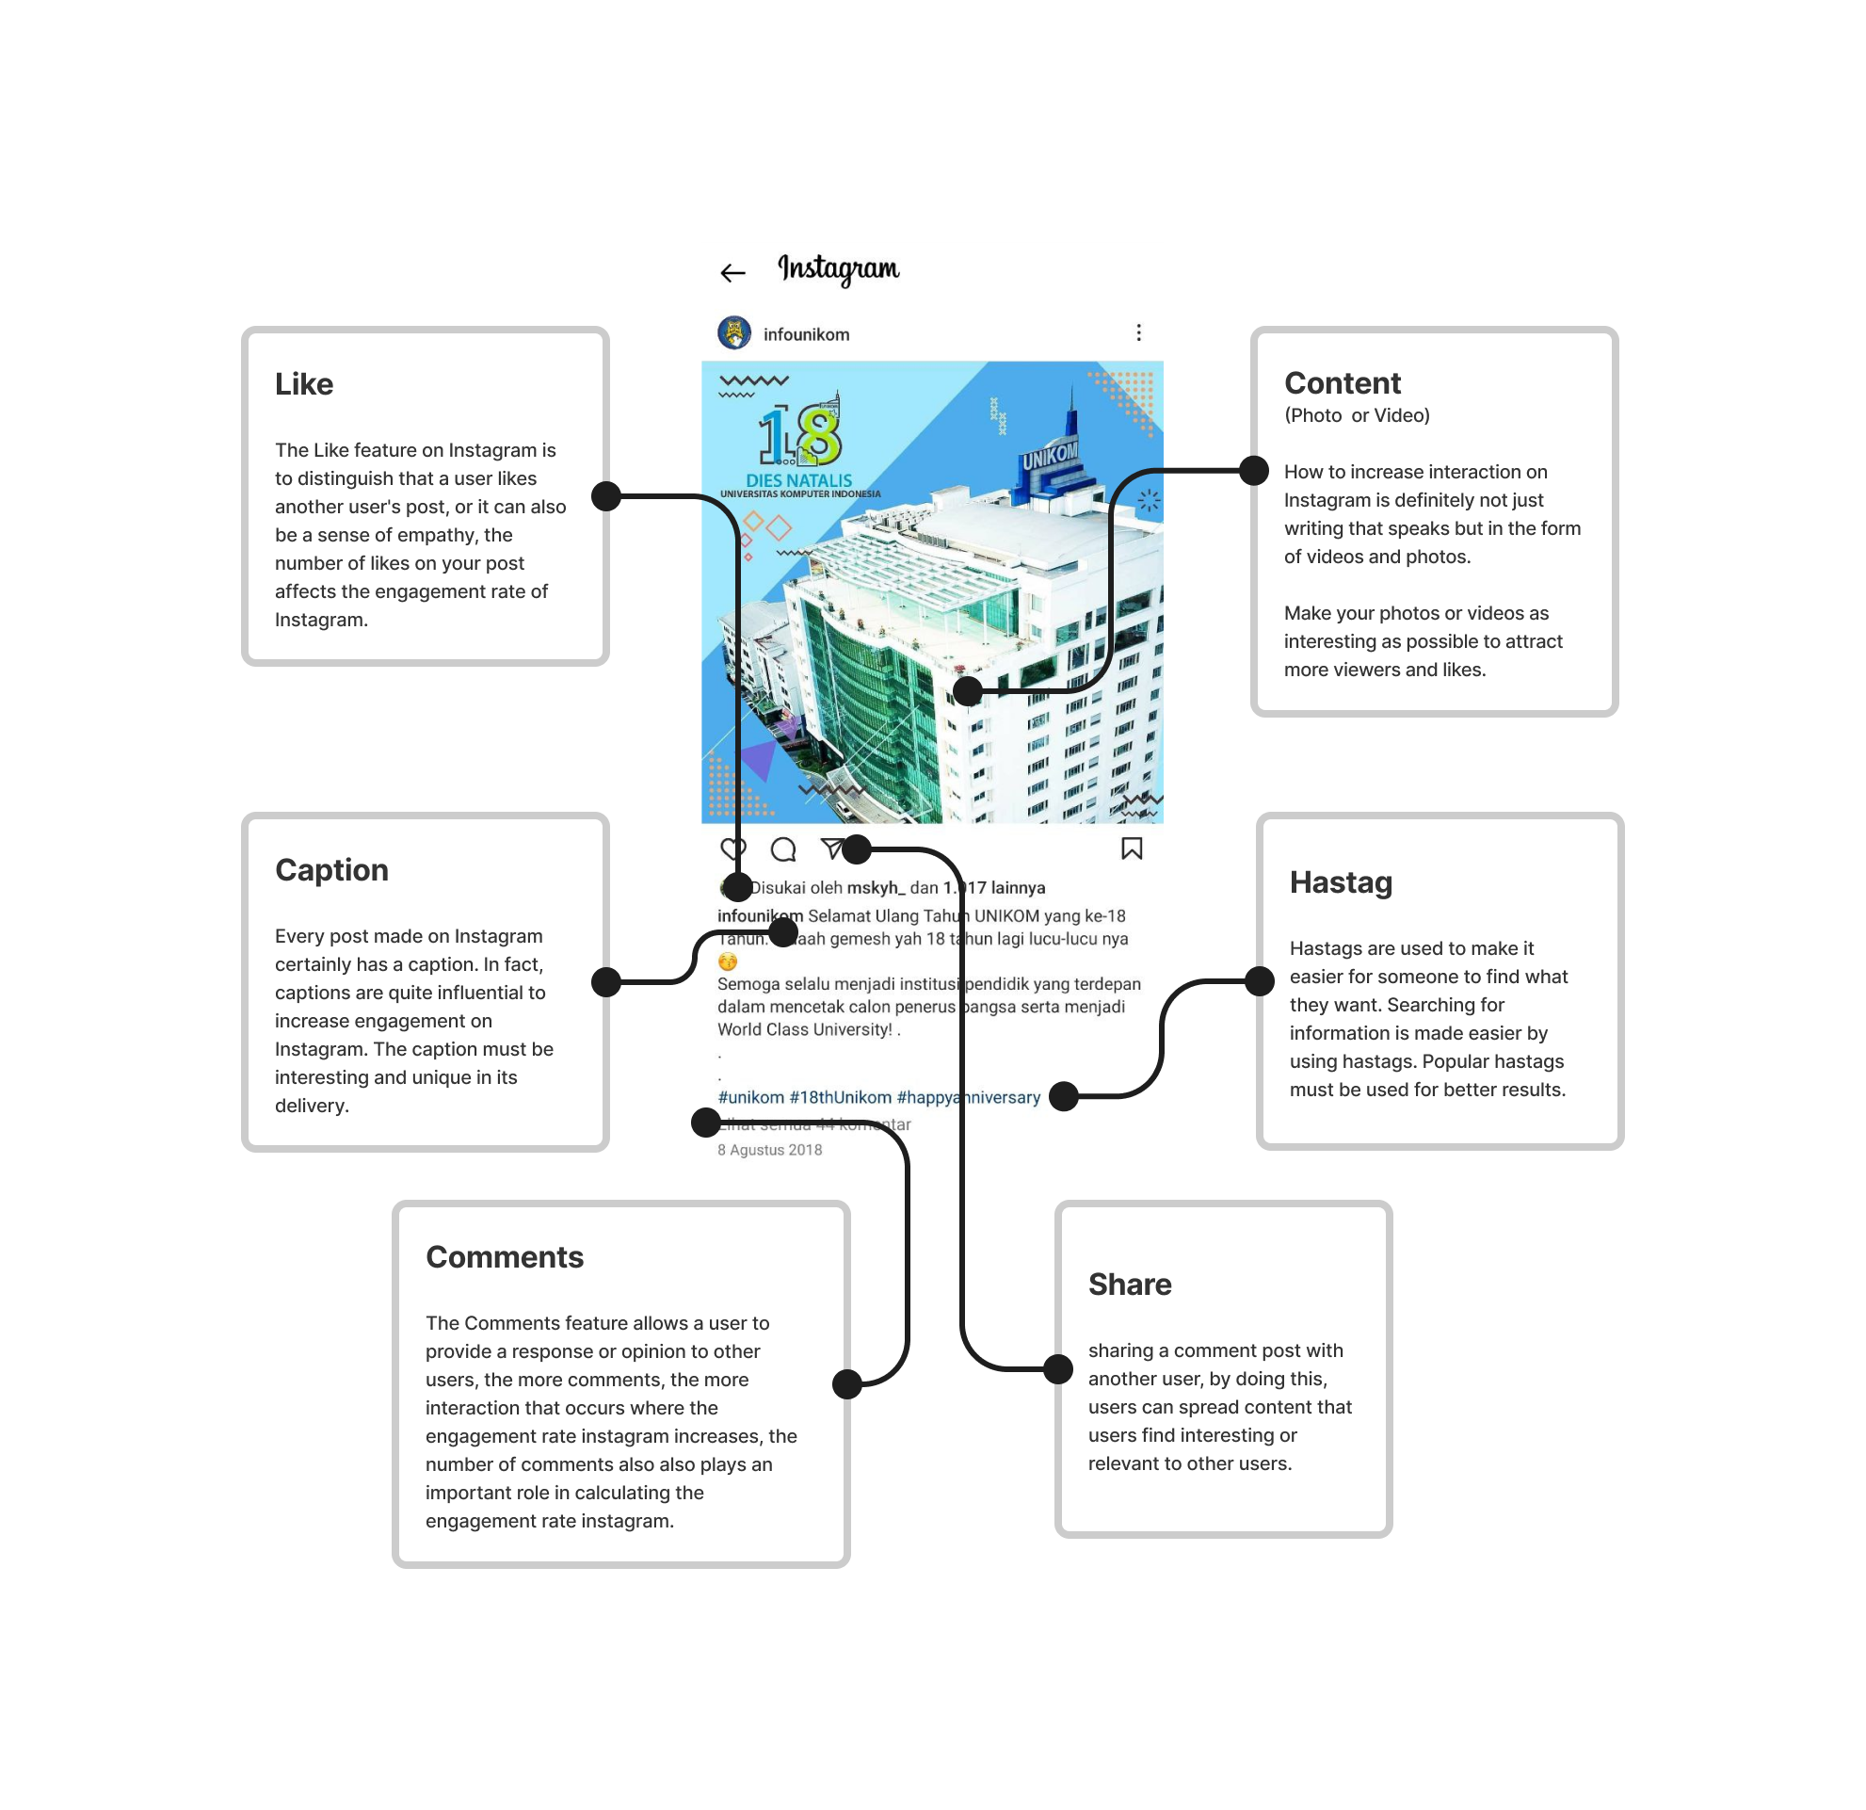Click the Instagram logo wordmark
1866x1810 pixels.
click(838, 269)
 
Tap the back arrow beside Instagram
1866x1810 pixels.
click(732, 274)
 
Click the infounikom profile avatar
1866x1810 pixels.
click(734, 333)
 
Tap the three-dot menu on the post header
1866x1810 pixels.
click(1137, 332)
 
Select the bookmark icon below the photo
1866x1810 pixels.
click(1131, 848)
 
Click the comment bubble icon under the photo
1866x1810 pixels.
click(782, 849)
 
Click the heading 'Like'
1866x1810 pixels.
click(304, 384)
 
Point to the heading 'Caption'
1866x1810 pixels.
click(331, 870)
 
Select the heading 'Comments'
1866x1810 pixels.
click(505, 1257)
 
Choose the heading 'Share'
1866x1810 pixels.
click(1129, 1285)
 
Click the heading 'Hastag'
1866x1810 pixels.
click(1341, 882)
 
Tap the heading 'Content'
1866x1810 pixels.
click(1343, 382)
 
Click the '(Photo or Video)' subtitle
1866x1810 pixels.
click(1357, 415)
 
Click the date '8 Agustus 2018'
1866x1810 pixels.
click(769, 1150)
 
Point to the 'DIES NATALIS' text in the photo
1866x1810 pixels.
click(798, 481)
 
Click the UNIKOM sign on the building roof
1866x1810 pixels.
click(1049, 456)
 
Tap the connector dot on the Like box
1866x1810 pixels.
click(606, 496)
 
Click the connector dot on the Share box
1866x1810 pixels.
click(1057, 1369)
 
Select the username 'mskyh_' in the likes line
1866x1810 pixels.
click(875, 887)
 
